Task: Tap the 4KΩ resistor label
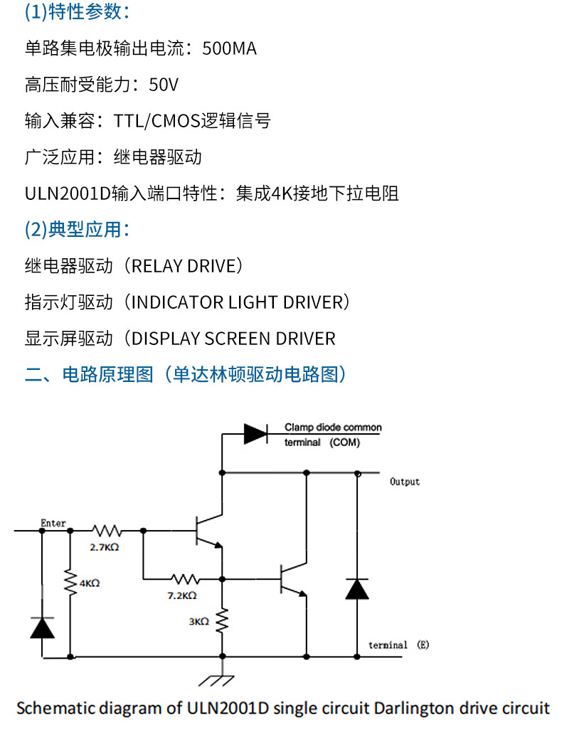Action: point(90,583)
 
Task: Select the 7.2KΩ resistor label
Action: point(182,595)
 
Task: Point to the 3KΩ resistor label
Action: point(198,621)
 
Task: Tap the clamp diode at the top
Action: point(255,433)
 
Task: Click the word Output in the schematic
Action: point(405,482)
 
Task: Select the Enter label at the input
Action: point(53,523)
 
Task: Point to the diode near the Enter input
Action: point(42,627)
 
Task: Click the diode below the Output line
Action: point(357,588)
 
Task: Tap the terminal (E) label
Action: point(399,645)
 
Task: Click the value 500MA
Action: point(229,49)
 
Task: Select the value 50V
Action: point(164,85)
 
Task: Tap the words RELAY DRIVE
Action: point(184,266)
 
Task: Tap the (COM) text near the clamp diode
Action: point(344,442)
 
